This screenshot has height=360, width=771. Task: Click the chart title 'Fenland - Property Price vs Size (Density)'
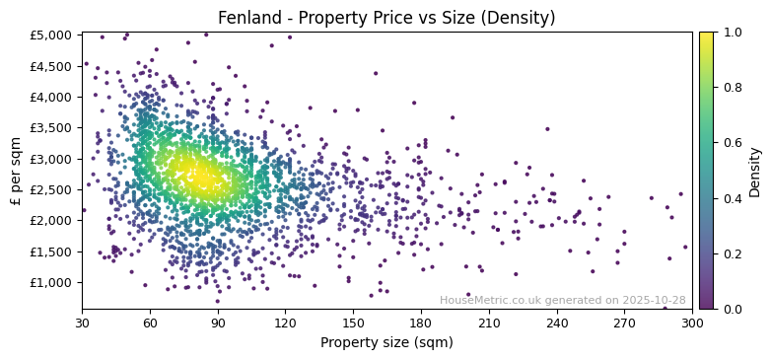click(x=386, y=18)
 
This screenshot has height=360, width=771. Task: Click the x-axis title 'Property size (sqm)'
click(x=386, y=343)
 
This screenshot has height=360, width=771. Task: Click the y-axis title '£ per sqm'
click(x=16, y=171)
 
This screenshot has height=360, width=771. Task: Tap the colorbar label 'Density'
click(x=754, y=171)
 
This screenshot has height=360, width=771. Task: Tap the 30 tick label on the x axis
click(x=82, y=323)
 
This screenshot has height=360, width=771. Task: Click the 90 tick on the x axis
click(x=218, y=323)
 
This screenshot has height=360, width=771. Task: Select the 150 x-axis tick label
click(x=353, y=323)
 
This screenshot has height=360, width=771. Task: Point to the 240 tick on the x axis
click(x=557, y=323)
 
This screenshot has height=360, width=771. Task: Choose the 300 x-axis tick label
click(x=692, y=323)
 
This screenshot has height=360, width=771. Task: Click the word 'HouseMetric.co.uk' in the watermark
click(x=490, y=300)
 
